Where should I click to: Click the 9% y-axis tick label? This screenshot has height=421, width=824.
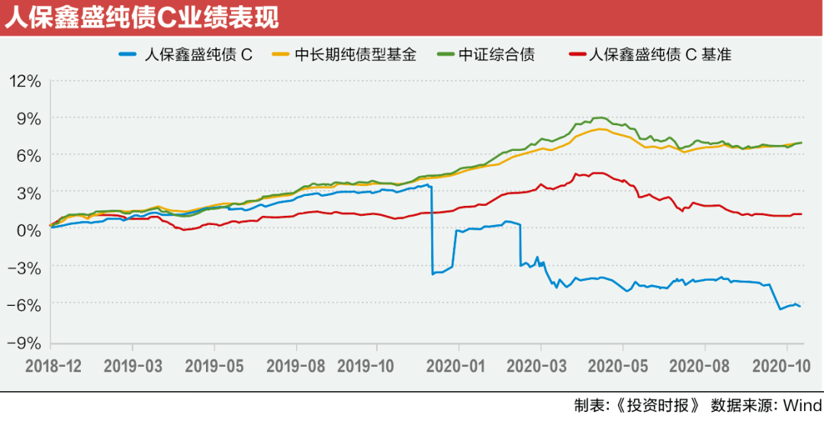pos(28,118)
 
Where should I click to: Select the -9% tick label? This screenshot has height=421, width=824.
pos(24,341)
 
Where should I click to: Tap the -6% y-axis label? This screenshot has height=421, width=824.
pos(24,304)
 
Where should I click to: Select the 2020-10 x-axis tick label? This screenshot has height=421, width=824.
pos(786,365)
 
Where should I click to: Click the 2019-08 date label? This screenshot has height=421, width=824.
pos(295,365)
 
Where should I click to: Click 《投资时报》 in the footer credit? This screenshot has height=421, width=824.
pos(658,404)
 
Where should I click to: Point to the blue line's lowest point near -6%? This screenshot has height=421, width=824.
pos(781,309)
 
